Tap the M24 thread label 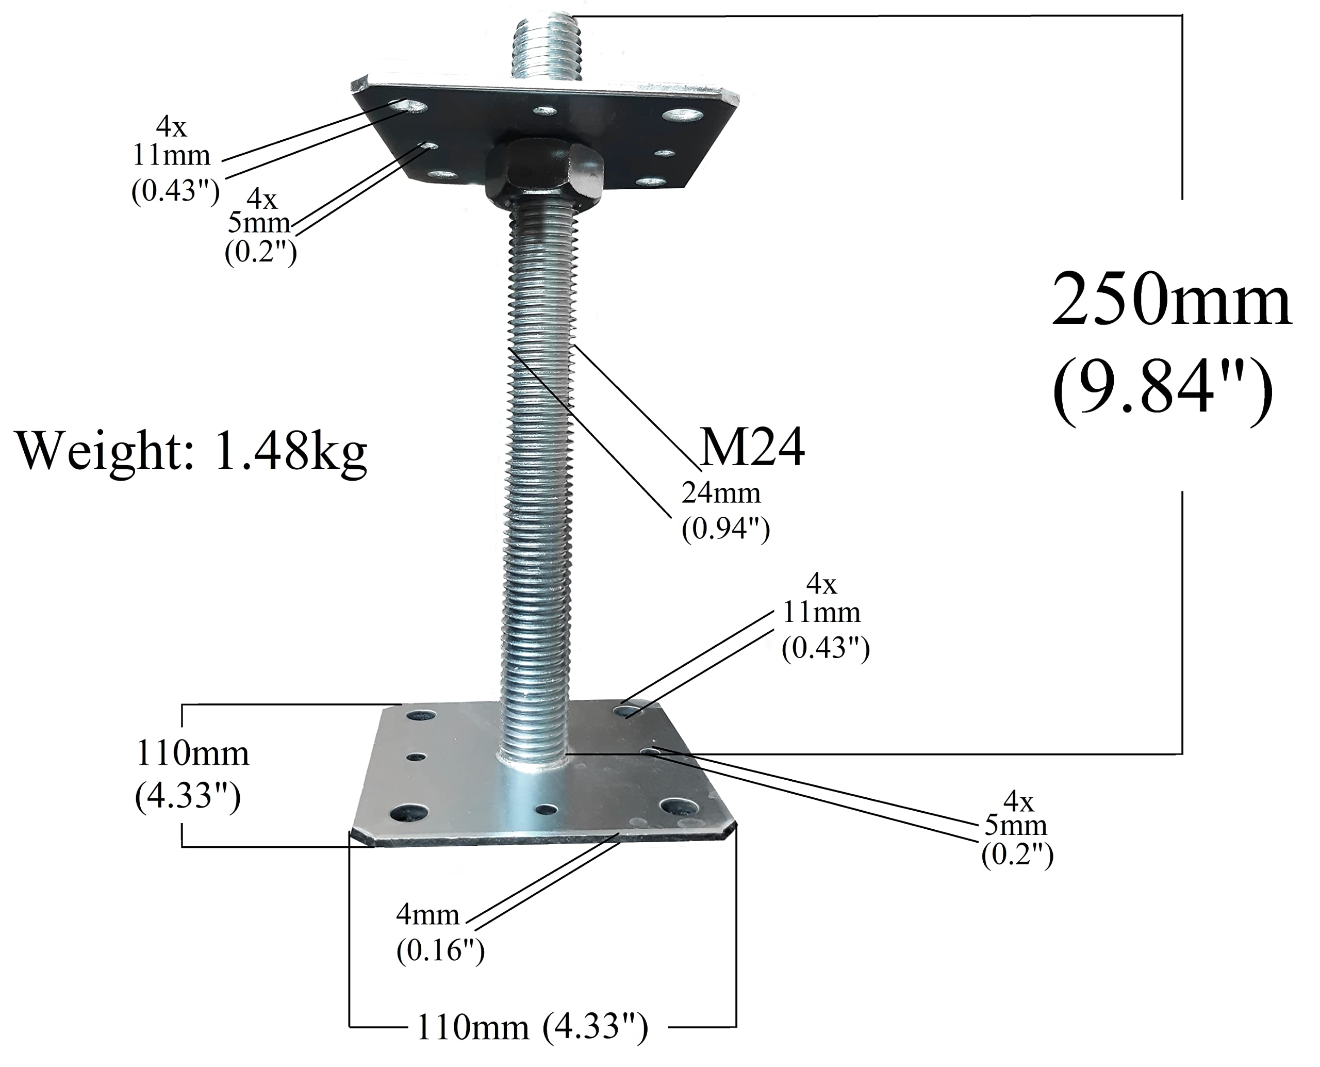752,449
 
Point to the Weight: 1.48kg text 191,451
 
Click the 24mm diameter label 720,493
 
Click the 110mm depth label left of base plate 192,754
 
